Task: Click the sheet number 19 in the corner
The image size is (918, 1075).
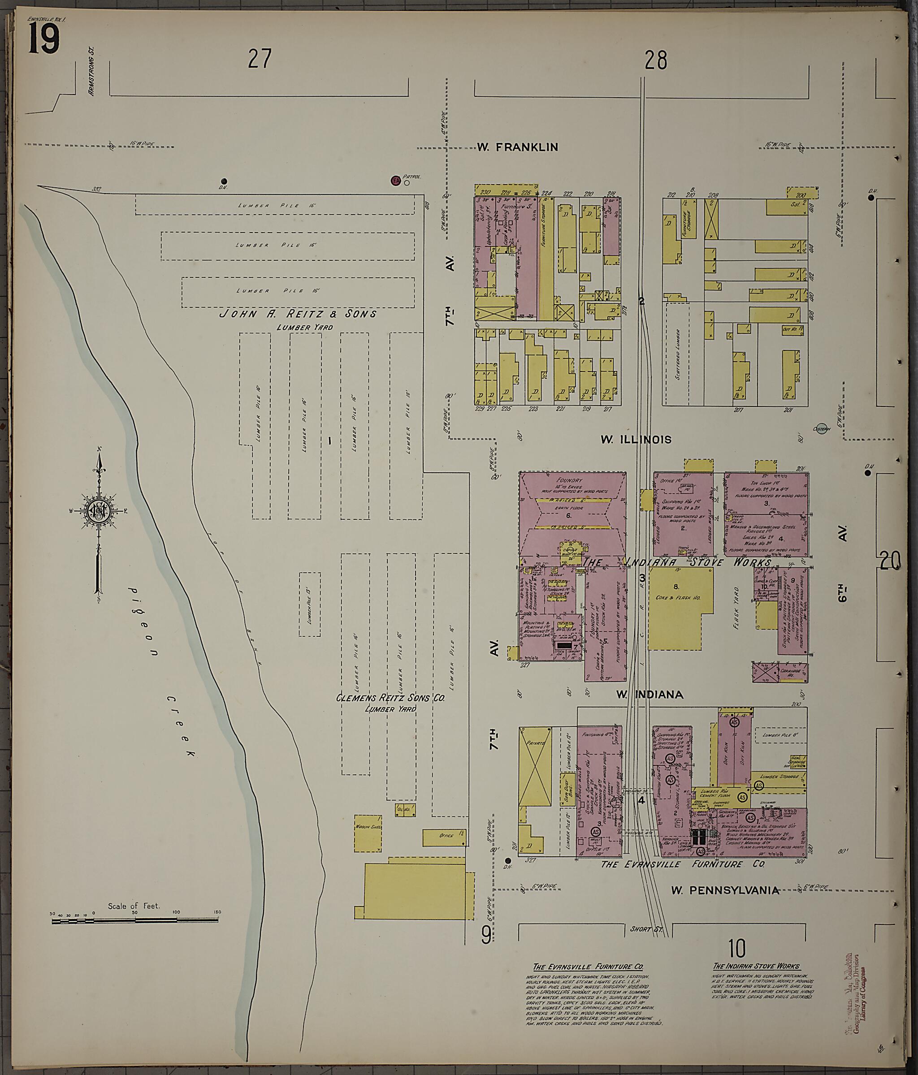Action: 43,39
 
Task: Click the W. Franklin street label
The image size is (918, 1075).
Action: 517,147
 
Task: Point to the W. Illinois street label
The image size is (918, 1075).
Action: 636,440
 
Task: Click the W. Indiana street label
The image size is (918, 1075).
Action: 650,695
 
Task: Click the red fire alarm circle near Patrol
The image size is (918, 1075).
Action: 395,181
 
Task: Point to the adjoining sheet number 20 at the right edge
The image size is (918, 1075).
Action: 891,562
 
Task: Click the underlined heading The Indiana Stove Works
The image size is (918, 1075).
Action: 757,967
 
